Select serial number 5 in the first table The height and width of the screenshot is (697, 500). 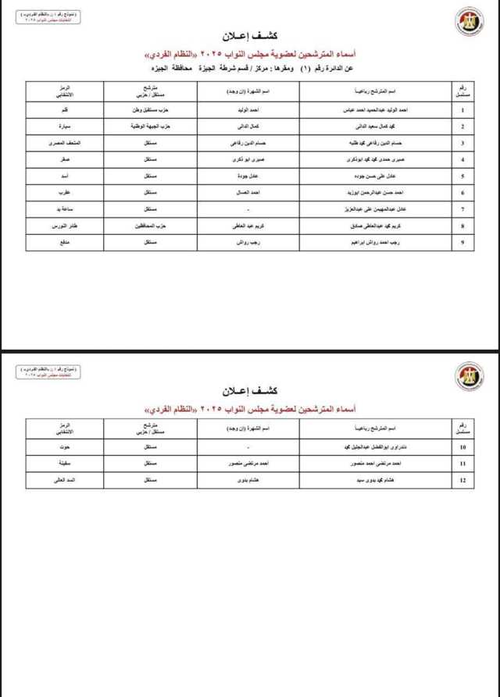pos(462,176)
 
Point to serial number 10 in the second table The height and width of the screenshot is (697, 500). pos(462,447)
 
